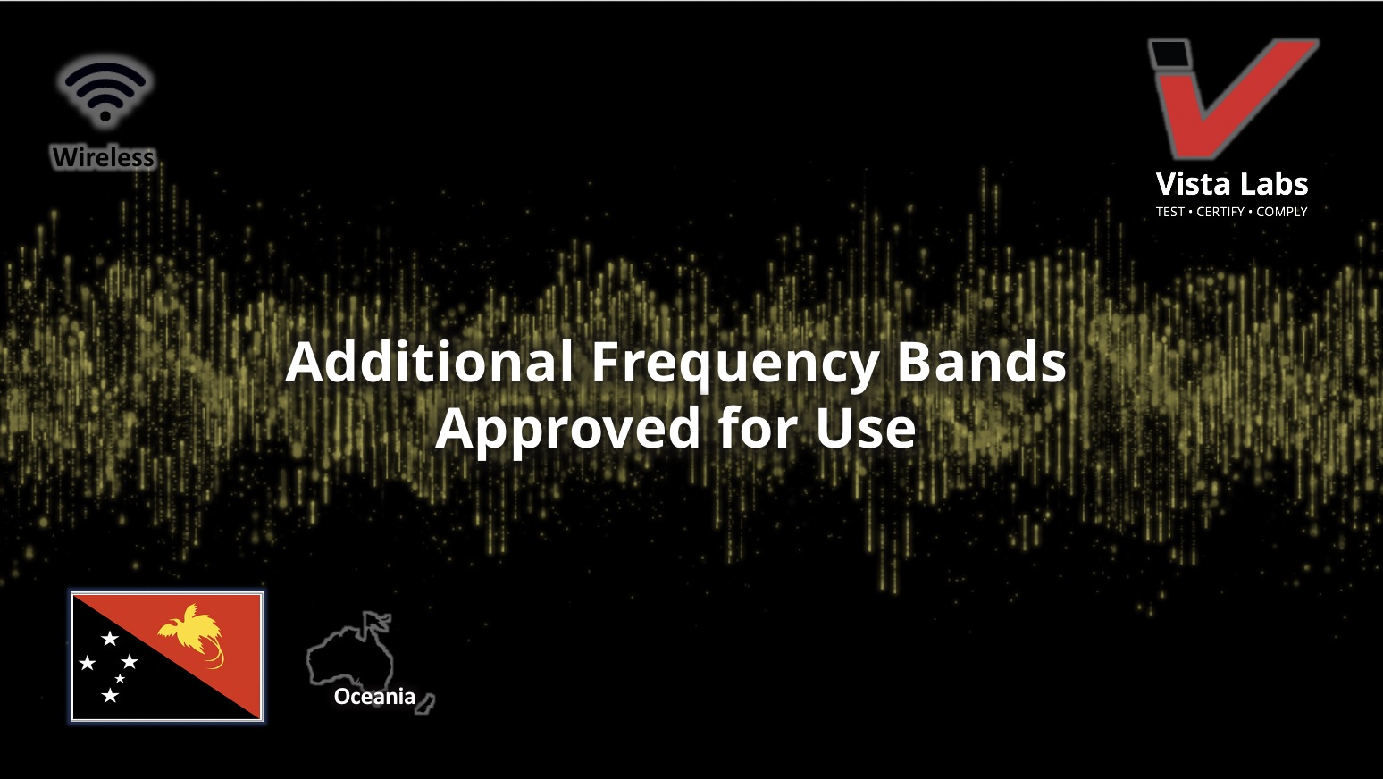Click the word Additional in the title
pyautogui.click(x=429, y=362)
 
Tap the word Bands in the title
pyautogui.click(x=981, y=362)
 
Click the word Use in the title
pyautogui.click(x=866, y=428)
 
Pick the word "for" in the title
pyautogui.click(x=759, y=426)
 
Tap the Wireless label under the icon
pyautogui.click(x=103, y=157)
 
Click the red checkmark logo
pyautogui.click(x=1234, y=99)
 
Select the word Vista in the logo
pyautogui.click(x=1190, y=184)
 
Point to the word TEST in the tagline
pyautogui.click(x=1170, y=212)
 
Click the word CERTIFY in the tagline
pyautogui.click(x=1220, y=212)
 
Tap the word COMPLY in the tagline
pyautogui.click(x=1282, y=212)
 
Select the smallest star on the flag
pyautogui.click(x=120, y=678)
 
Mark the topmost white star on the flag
pyautogui.click(x=110, y=638)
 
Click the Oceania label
pyautogui.click(x=374, y=696)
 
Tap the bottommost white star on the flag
pyautogui.click(x=110, y=696)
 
